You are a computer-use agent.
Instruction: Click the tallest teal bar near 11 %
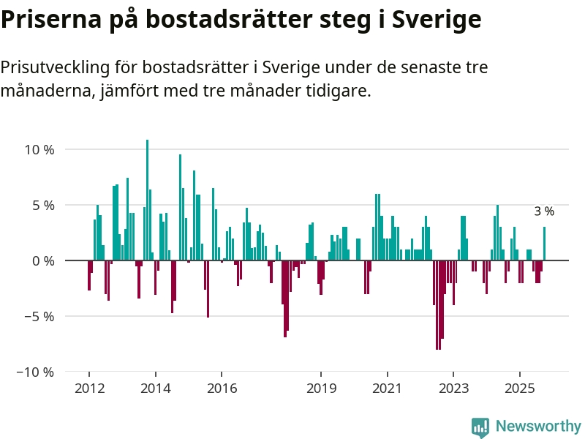[147, 200]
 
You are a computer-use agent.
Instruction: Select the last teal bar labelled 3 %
[544, 244]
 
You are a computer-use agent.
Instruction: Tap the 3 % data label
[543, 211]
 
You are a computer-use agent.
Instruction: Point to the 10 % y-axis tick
[39, 149]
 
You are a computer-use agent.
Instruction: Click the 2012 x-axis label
[89, 388]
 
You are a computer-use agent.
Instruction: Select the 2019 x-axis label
[321, 388]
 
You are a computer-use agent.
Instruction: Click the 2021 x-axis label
[387, 388]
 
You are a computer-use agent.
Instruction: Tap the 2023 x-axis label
[453, 388]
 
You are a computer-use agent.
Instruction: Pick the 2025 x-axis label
[519, 388]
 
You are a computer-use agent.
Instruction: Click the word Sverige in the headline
[436, 20]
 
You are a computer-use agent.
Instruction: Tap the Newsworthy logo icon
[480, 427]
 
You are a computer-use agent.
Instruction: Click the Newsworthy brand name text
[538, 427]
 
